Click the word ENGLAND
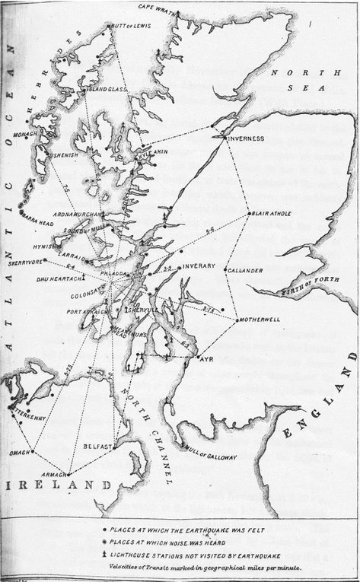click(318, 432)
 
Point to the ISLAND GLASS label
click(105, 90)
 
